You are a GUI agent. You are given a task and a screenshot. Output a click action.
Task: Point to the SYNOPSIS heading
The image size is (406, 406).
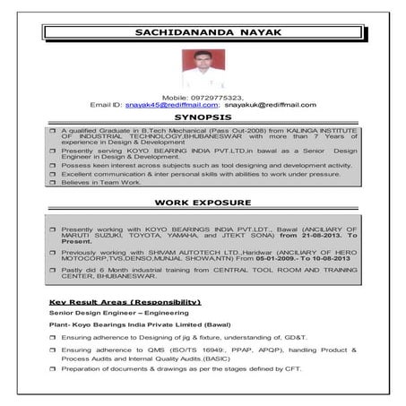point(203,117)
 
